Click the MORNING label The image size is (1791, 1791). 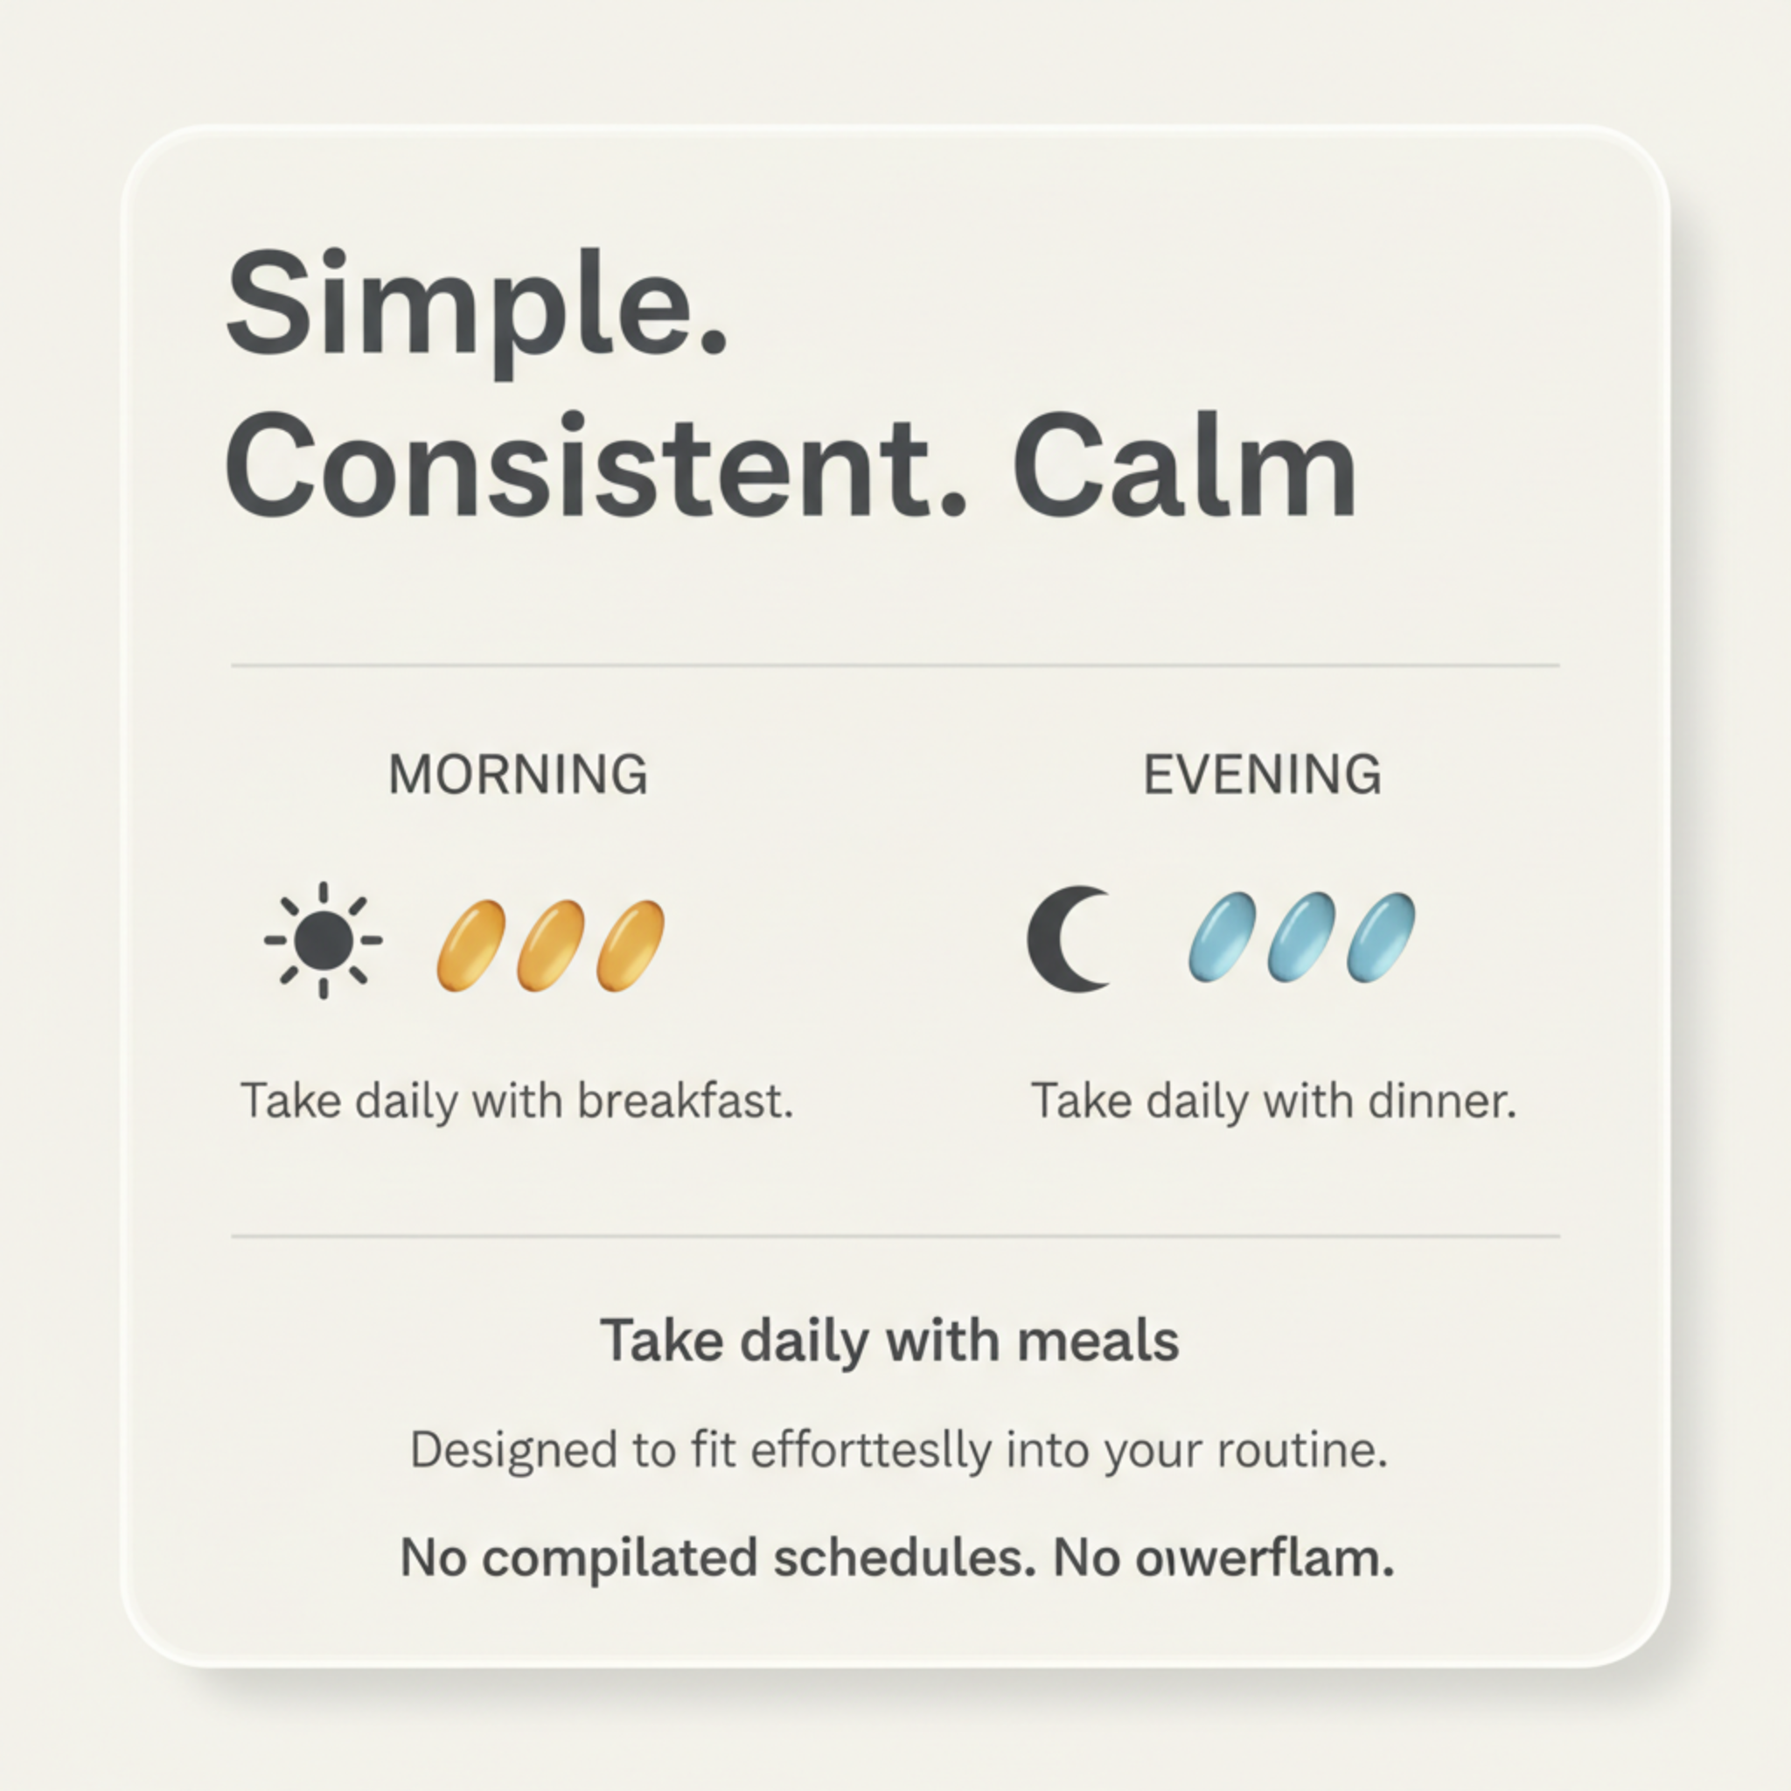point(519,775)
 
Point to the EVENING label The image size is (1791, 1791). point(1262,775)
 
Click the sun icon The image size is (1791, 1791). point(323,941)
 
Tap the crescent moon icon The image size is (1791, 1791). point(1066,940)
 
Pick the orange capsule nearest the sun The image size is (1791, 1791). point(471,945)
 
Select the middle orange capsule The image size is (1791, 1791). point(551,945)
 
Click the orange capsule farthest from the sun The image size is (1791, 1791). point(631,945)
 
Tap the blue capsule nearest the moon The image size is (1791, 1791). point(1222,937)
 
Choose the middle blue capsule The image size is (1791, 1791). point(1301,937)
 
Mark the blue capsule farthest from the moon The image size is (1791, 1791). point(1380,937)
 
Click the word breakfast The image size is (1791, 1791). point(685,1101)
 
